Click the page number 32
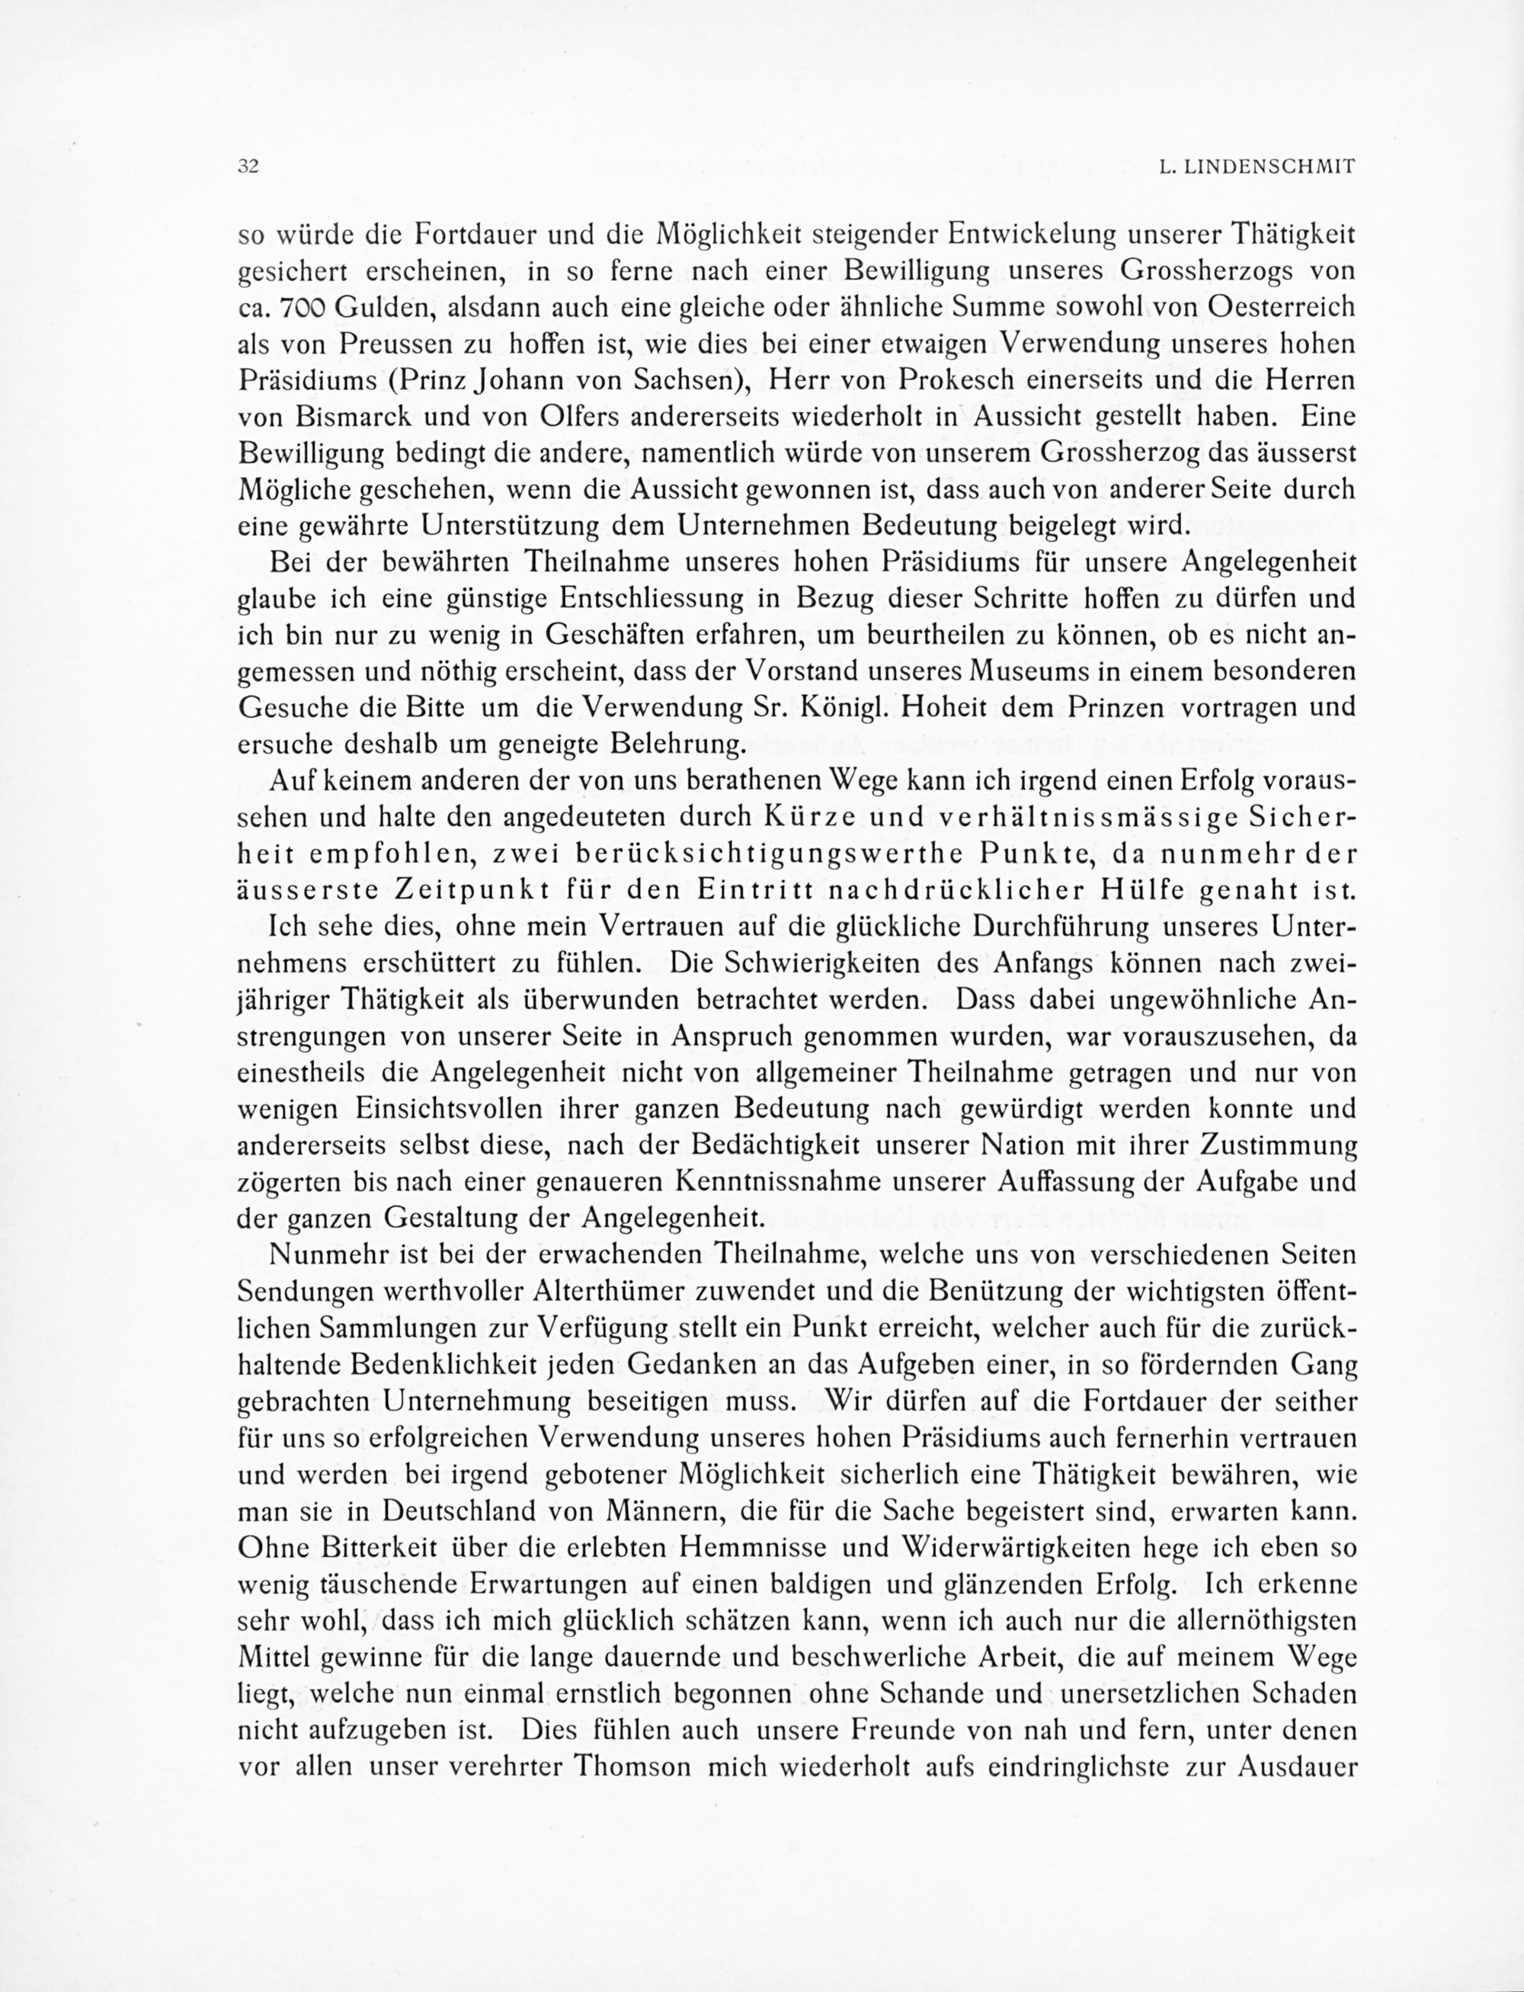(248, 167)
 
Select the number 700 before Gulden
(299, 308)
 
